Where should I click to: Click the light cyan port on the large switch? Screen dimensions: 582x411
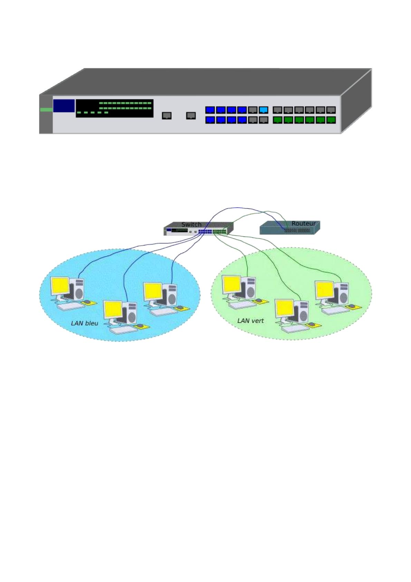tap(264, 110)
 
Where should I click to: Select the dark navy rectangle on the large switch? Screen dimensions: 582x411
tap(64, 106)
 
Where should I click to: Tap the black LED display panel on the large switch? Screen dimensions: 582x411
tap(114, 108)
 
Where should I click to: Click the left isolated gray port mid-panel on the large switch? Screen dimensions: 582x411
tap(167, 115)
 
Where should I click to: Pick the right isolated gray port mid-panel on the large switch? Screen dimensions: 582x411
tap(191, 115)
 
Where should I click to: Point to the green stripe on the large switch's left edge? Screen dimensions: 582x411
tap(46, 110)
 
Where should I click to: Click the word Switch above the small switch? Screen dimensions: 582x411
tap(191, 225)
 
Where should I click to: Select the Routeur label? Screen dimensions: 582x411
tap(303, 224)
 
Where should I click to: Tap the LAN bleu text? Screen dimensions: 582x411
tap(85, 323)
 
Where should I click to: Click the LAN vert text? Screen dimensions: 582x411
tap(250, 321)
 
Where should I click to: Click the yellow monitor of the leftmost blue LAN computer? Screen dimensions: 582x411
tap(60, 286)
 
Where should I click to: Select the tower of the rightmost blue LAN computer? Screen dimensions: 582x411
tap(170, 295)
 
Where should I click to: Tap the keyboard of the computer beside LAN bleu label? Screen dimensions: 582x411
tap(123, 329)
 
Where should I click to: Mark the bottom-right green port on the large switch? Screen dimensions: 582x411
tap(331, 120)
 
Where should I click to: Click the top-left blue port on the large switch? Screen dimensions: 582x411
tap(210, 110)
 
